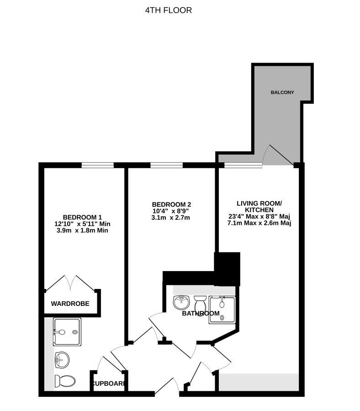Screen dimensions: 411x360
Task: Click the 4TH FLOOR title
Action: [x=168, y=10]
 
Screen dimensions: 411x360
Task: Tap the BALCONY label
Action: [x=282, y=92]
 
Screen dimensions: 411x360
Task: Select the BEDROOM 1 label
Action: [x=82, y=217]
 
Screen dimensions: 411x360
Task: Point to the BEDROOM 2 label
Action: [x=171, y=204]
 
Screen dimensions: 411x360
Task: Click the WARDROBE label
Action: [x=70, y=304]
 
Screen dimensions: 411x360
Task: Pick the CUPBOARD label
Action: [x=108, y=384]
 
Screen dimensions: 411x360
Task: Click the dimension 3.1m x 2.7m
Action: [x=171, y=218]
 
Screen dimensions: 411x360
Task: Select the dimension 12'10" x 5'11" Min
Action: [x=82, y=224]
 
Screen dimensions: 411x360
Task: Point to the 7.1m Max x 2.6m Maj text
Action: [x=259, y=223]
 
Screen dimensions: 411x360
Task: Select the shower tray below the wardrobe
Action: [x=67, y=331]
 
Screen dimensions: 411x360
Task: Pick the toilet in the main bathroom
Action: [x=200, y=302]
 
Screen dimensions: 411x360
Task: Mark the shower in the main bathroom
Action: [x=222, y=310]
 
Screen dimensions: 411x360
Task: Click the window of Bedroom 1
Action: [x=97, y=165]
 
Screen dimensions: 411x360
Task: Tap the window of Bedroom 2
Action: [x=166, y=165]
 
